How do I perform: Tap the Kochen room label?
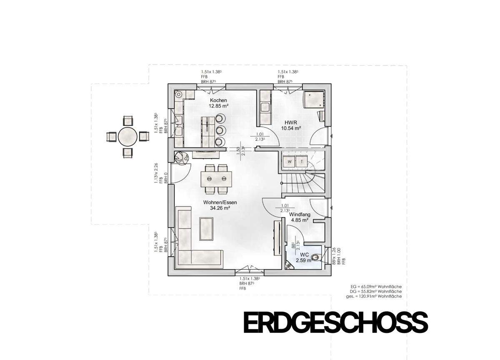point(218,100)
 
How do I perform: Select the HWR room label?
point(290,122)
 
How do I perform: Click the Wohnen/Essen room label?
point(217,202)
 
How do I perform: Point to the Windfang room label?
point(300,214)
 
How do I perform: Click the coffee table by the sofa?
point(207,229)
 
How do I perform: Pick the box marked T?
point(301,161)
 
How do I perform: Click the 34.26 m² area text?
point(217,208)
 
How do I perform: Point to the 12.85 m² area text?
point(218,106)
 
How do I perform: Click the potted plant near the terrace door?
point(180,158)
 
